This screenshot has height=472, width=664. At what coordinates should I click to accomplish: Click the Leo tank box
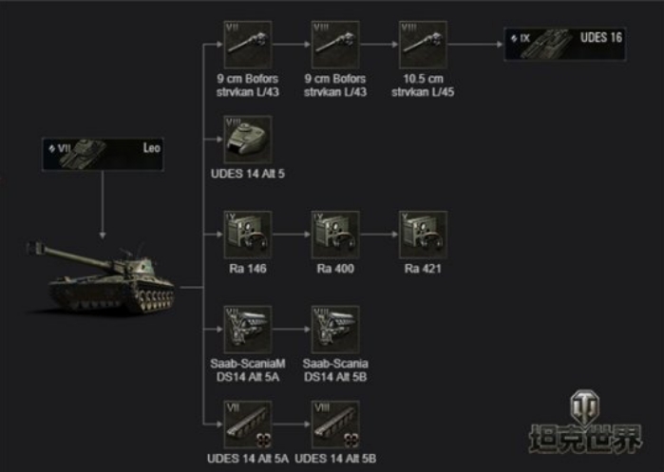point(104,152)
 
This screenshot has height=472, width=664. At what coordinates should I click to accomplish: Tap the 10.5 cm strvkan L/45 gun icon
point(423,44)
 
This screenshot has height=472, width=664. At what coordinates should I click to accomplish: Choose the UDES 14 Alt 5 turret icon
point(248,139)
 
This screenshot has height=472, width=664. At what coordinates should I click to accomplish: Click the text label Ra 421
point(423,269)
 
